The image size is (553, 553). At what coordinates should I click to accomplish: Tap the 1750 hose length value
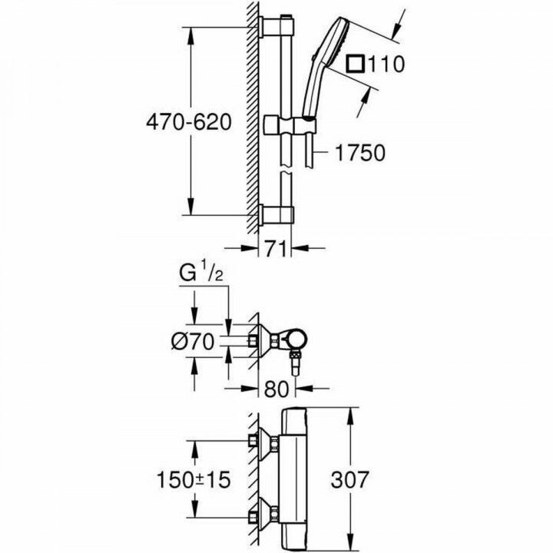point(359,154)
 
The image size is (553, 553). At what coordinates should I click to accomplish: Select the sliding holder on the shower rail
point(286,124)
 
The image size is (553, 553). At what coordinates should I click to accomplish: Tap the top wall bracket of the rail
point(277,25)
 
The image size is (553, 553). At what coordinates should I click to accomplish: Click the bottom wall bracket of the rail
point(277,214)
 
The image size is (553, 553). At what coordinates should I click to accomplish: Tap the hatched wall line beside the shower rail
point(253,115)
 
